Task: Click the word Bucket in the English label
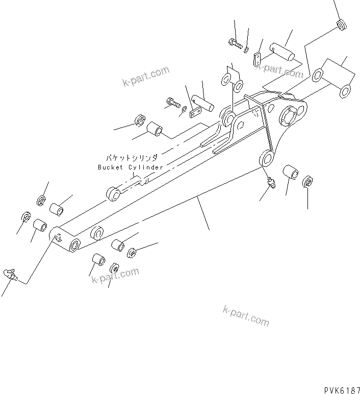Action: click(x=111, y=167)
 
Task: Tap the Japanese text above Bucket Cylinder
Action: click(x=132, y=158)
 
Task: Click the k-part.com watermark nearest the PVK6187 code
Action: click(x=246, y=316)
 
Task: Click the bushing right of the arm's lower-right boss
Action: click(x=291, y=173)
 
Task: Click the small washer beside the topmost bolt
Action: click(x=246, y=49)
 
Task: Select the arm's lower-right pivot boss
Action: click(x=267, y=158)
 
